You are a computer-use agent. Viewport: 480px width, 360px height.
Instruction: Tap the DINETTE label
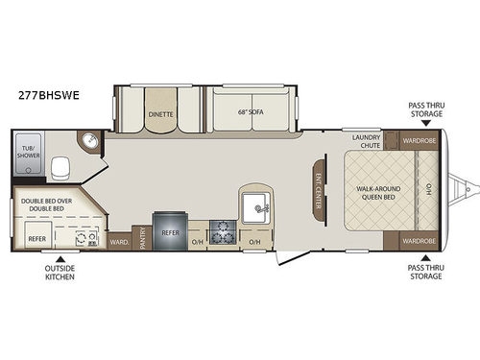160,113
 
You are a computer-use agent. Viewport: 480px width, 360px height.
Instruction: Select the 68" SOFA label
250,113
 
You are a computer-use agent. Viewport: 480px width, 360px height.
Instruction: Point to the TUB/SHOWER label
29,150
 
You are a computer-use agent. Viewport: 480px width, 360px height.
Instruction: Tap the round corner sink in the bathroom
89,143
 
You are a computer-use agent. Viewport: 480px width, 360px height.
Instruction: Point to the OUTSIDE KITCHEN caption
60,274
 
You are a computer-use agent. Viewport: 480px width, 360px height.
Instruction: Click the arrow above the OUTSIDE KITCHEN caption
60,258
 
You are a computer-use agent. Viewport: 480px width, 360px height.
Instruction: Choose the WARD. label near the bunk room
120,242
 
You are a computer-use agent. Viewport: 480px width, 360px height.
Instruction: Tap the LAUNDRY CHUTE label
369,141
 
